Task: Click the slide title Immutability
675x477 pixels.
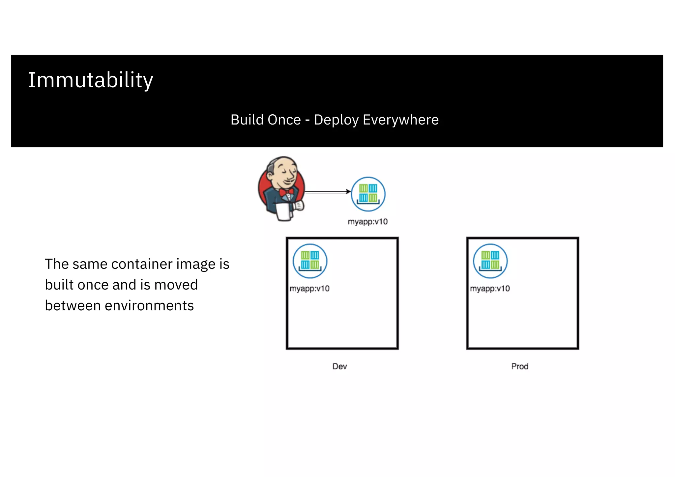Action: (90, 80)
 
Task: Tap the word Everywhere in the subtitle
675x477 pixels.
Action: (400, 120)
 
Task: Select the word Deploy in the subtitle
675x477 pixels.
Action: (336, 120)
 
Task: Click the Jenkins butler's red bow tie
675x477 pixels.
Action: (286, 192)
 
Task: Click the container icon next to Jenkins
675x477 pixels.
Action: (368, 194)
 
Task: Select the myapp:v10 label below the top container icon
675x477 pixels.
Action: (367, 222)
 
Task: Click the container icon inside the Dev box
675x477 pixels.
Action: (310, 261)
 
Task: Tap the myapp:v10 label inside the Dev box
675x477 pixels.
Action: (309, 289)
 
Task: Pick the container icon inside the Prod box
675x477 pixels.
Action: (490, 261)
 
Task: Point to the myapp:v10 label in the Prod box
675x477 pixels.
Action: (490, 289)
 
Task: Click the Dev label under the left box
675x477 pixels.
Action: (339, 366)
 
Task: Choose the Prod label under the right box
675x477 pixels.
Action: (519, 366)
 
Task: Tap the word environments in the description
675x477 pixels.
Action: (149, 306)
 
